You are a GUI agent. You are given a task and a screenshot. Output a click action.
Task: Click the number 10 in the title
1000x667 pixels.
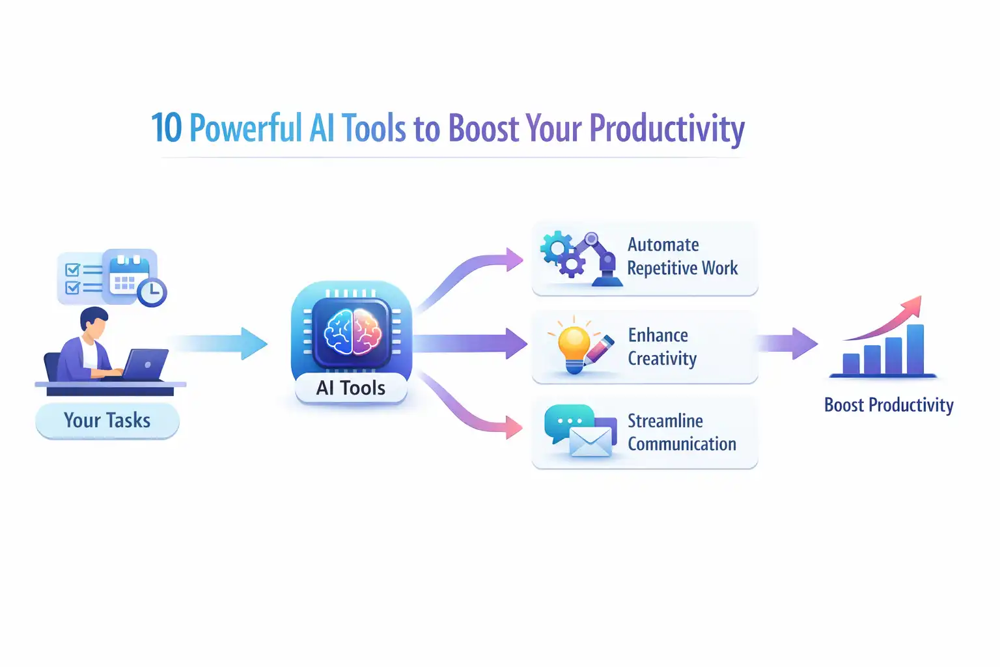pyautogui.click(x=166, y=128)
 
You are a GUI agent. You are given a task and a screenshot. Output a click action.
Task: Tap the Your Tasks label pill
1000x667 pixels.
pyautogui.click(x=107, y=421)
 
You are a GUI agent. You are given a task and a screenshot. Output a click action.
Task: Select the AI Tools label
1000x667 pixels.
pyautogui.click(x=351, y=388)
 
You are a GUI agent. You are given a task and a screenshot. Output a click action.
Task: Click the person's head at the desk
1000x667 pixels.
pyautogui.click(x=95, y=323)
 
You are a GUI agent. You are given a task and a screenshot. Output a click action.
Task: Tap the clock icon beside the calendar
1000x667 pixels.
pyautogui.click(x=152, y=292)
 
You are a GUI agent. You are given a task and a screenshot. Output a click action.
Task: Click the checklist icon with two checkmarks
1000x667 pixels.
pyautogui.click(x=81, y=279)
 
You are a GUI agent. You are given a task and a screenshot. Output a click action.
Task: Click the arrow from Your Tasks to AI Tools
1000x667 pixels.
pyautogui.click(x=221, y=343)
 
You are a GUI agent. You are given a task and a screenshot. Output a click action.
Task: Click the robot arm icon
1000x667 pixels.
pyautogui.click(x=601, y=259)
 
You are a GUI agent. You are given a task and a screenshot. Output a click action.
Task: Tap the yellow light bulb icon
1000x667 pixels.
pyautogui.click(x=574, y=347)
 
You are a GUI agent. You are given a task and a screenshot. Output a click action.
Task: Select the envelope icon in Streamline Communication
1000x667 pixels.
pyautogui.click(x=590, y=442)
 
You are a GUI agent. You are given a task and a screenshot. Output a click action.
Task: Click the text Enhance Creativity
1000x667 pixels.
pyautogui.click(x=661, y=347)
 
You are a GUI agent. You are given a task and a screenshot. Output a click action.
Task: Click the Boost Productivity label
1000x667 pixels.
pyautogui.click(x=889, y=405)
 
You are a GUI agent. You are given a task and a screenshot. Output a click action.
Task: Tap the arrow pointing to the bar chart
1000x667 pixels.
pyautogui.click(x=788, y=343)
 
